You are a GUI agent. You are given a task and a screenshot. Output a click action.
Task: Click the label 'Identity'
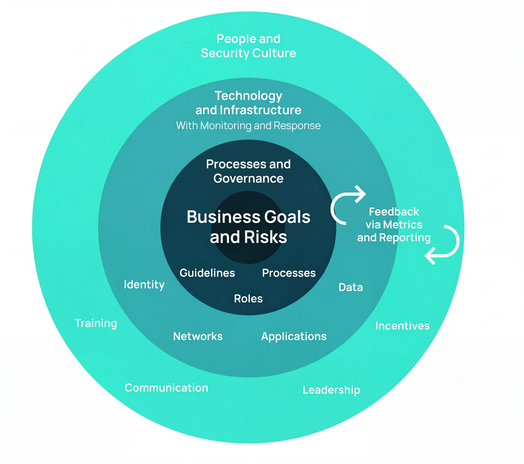coord(144,284)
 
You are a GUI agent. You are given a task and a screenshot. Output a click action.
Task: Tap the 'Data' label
coord(350,287)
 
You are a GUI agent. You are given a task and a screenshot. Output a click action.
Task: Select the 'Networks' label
coord(198,336)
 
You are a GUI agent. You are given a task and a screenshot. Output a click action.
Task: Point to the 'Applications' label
coord(294,336)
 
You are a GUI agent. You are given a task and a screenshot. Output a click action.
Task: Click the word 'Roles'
coord(248,299)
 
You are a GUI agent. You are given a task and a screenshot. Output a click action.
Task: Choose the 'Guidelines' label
coord(207,273)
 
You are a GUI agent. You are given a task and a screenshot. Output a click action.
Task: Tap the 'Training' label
coord(96,323)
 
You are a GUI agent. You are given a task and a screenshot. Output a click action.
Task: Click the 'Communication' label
coord(166,388)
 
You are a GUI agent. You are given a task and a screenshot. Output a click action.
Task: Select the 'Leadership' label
coord(331,390)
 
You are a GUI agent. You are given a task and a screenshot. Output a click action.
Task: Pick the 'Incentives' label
coord(402,326)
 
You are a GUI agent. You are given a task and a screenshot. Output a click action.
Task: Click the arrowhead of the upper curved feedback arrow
coord(361,194)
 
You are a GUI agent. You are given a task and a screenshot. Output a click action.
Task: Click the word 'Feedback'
coord(394,212)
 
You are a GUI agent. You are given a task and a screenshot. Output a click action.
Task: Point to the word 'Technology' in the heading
coord(248,96)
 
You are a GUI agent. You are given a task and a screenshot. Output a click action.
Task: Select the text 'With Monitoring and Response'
coord(248,126)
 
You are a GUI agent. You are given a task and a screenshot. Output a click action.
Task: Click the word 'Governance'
coord(248,178)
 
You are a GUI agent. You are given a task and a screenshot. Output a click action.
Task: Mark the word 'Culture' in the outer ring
coord(274,53)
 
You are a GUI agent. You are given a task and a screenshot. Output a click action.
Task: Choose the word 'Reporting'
coord(405,238)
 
